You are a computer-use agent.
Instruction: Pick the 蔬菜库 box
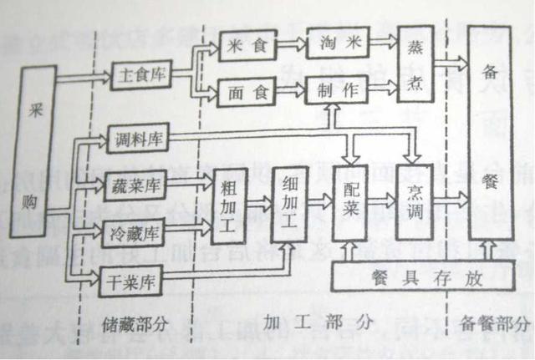pyautogui.click(x=135, y=185)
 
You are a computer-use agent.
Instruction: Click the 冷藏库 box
pyautogui.click(x=135, y=230)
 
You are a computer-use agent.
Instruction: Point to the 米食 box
pyautogui.click(x=245, y=47)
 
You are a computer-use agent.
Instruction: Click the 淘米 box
pyautogui.click(x=338, y=44)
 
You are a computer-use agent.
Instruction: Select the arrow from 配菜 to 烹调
pyautogui.click(x=381, y=200)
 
